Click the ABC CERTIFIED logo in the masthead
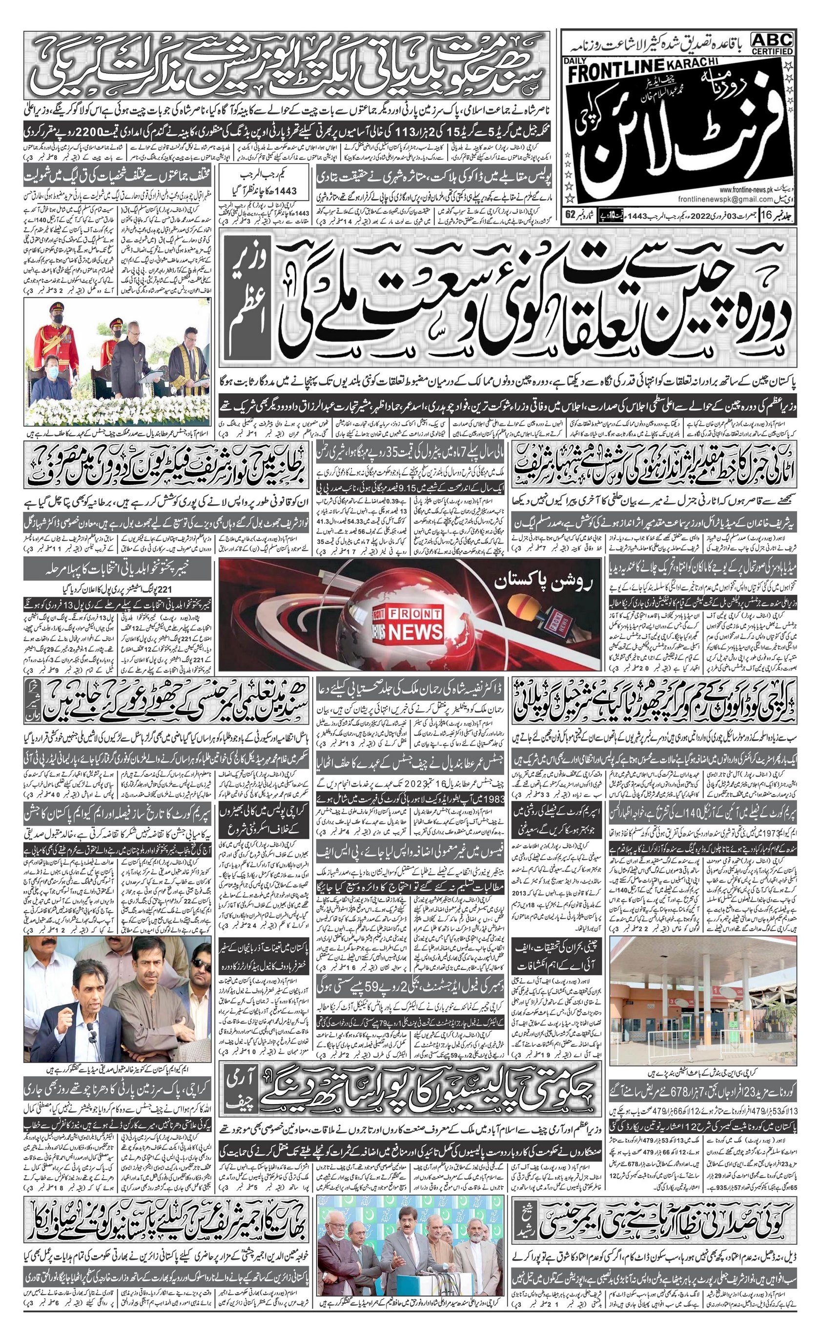coord(772,43)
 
